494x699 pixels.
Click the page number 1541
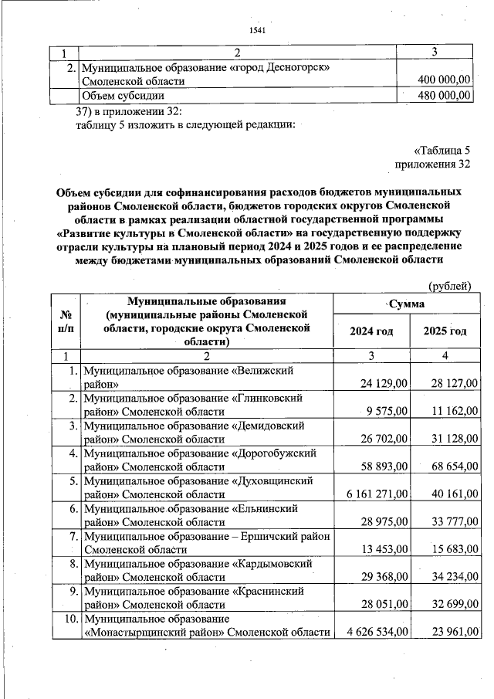[x=257, y=30]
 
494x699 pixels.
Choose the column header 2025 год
[x=445, y=331]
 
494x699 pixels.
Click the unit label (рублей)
[x=448, y=287]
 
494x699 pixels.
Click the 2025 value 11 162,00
[x=451, y=411]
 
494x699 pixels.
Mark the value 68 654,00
[x=451, y=467]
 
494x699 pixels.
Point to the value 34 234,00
[x=451, y=577]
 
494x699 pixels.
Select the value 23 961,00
[x=451, y=633]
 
